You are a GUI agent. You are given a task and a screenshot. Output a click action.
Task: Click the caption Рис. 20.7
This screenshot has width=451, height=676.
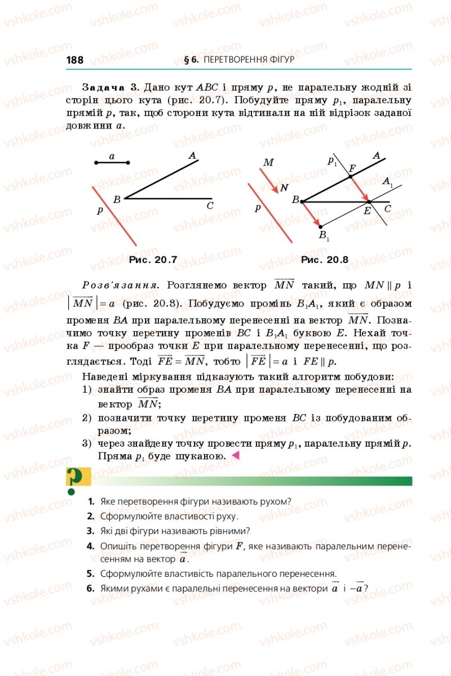[153, 260]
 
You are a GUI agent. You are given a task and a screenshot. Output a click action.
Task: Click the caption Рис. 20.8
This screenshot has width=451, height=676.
[325, 260]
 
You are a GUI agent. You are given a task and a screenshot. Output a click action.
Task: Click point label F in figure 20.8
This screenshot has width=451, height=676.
[352, 168]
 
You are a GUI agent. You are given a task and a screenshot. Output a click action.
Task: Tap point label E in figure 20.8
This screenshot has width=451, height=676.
[367, 211]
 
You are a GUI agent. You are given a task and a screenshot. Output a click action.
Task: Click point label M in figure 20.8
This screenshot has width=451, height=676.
[268, 163]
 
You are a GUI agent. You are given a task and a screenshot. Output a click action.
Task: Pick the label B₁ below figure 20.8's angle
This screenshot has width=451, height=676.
[324, 235]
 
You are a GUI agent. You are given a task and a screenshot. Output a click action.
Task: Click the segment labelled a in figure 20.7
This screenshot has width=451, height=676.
[112, 162]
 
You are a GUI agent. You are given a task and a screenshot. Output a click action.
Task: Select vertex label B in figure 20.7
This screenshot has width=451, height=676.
[117, 199]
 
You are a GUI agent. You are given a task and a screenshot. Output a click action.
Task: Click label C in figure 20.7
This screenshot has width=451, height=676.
[210, 206]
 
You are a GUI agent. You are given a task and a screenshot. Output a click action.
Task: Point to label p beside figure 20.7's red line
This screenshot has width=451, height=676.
[100, 210]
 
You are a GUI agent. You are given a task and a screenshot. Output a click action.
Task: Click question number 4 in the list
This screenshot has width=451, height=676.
[90, 546]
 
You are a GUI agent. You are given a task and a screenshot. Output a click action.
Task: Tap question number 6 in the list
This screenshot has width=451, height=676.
[90, 589]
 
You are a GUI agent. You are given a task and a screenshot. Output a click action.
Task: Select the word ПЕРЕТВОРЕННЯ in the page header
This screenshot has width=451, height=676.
[231, 60]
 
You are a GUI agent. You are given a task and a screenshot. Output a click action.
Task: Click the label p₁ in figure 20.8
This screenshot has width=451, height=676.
[332, 161]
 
